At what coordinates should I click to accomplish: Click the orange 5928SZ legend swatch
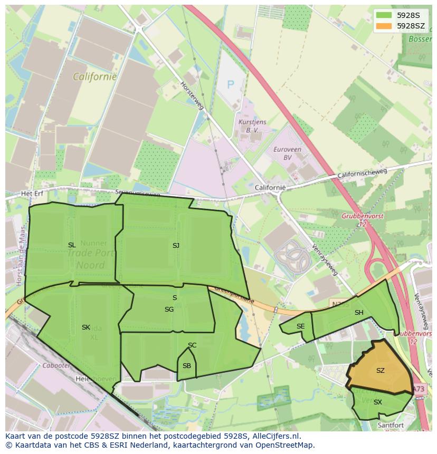click(x=384, y=26)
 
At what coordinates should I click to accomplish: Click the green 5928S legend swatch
click(x=384, y=15)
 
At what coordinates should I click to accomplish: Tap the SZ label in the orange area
click(x=381, y=371)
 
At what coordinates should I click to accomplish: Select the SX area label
click(x=377, y=402)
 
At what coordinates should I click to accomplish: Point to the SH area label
click(x=359, y=313)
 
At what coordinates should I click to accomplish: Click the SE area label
click(x=300, y=326)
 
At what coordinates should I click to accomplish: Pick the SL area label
click(x=72, y=245)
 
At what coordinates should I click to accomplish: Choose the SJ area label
click(x=176, y=245)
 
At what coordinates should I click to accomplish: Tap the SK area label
click(x=86, y=327)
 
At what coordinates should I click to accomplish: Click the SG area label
click(x=169, y=310)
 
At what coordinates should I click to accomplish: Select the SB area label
click(x=187, y=366)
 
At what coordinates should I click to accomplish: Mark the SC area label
click(x=192, y=345)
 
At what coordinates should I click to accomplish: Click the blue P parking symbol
click(x=230, y=84)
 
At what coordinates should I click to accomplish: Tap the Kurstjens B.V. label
click(x=250, y=125)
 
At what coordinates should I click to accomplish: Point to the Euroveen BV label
click(x=287, y=153)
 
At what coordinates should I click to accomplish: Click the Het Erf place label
click(x=31, y=194)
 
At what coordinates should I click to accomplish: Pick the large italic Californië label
click(x=95, y=77)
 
